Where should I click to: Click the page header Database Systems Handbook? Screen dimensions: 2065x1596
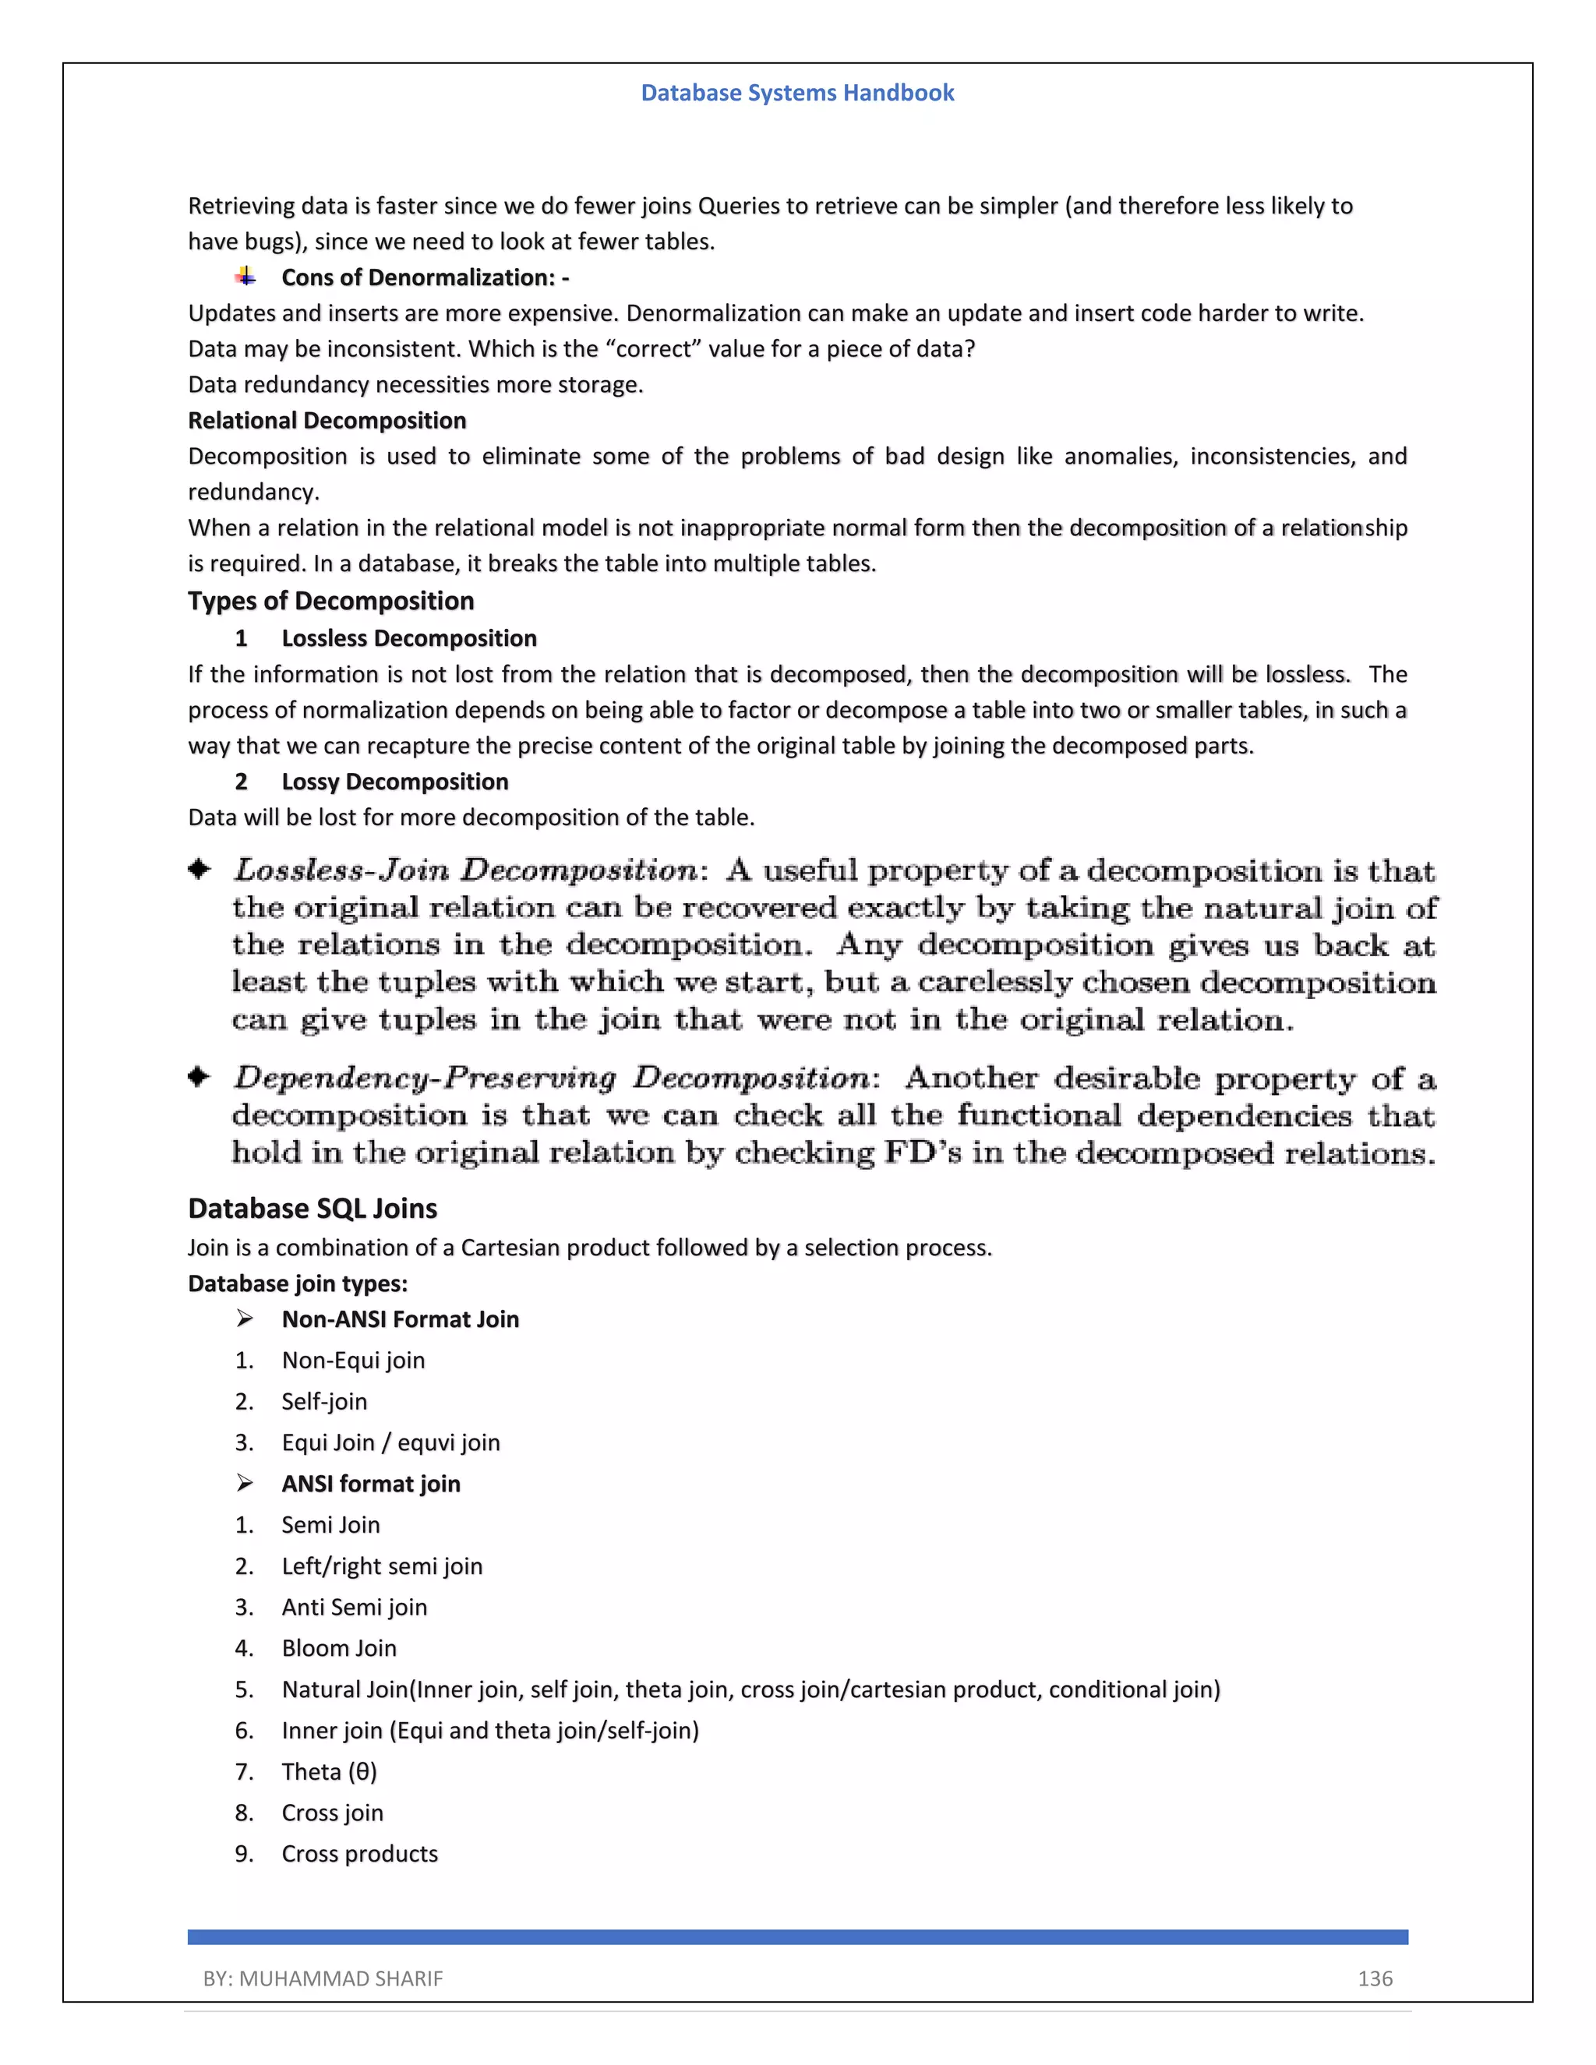[797, 93]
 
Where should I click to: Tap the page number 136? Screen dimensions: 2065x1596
[1375, 1978]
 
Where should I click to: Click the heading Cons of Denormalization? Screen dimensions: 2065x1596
[425, 277]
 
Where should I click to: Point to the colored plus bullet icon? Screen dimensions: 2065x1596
[245, 276]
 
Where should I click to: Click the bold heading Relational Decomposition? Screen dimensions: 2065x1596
[327, 420]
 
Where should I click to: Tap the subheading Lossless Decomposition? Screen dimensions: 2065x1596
[408, 638]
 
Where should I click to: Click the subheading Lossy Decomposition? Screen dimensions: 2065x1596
[394, 781]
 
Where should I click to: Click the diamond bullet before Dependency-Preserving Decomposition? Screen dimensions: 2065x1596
[199, 1076]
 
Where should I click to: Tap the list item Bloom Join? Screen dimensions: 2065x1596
[338, 1648]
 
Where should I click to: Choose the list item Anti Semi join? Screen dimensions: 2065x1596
[354, 1607]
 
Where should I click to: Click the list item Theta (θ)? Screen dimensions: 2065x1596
[329, 1771]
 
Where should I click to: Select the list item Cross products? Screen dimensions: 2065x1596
[359, 1853]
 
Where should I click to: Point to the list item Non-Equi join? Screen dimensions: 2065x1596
[353, 1360]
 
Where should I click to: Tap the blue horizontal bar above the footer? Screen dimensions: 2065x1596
[797, 1936]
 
